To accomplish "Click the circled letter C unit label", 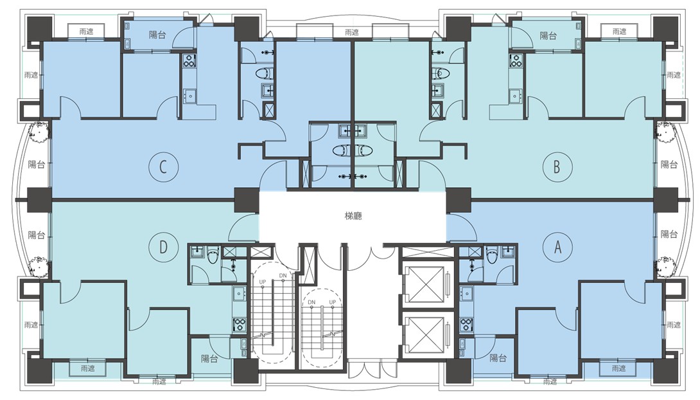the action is (x=163, y=167).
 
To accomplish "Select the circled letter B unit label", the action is (x=557, y=167).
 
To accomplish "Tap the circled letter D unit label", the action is (x=163, y=247).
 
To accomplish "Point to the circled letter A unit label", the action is (x=557, y=247).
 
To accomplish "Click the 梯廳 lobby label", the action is (x=353, y=216).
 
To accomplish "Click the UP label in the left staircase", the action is (x=263, y=282).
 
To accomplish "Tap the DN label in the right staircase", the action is (x=311, y=302).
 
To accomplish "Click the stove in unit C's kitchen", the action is (x=189, y=60).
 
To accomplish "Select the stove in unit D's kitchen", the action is (x=240, y=324).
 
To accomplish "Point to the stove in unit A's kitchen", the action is (x=466, y=324).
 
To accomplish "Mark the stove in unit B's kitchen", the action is (x=516, y=61).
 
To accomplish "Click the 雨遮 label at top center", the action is (x=352, y=32).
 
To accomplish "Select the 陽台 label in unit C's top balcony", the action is (x=157, y=35).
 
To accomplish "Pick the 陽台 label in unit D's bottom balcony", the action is (x=209, y=358).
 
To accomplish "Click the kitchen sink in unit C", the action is (x=189, y=96).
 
